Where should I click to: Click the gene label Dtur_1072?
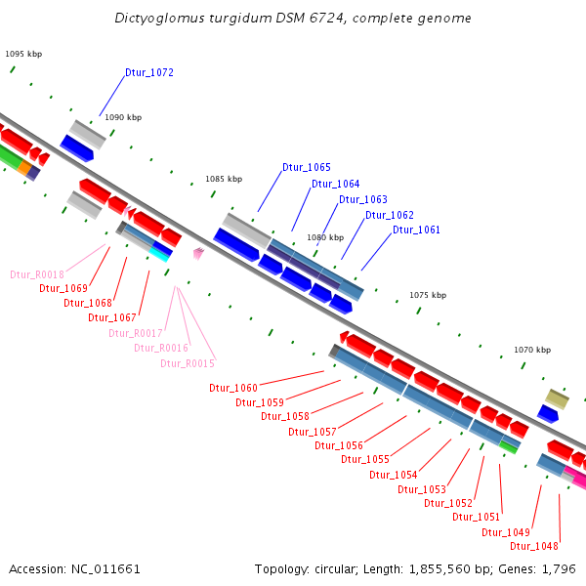click(x=149, y=73)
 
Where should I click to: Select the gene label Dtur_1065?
click(x=307, y=167)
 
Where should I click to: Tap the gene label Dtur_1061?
click(x=416, y=230)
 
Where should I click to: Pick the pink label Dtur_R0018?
click(x=37, y=274)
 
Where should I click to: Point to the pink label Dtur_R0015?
click(x=187, y=363)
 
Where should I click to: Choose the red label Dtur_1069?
click(x=63, y=288)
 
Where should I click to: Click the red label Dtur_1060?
click(x=233, y=388)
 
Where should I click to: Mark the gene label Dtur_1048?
click(x=534, y=546)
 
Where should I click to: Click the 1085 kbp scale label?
click(x=224, y=180)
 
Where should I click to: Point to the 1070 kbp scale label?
click(x=532, y=350)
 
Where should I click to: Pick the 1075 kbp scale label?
click(x=428, y=295)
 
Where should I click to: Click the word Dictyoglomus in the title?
click(x=158, y=18)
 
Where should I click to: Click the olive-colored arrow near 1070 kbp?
click(x=557, y=398)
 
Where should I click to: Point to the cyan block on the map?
click(x=159, y=255)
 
